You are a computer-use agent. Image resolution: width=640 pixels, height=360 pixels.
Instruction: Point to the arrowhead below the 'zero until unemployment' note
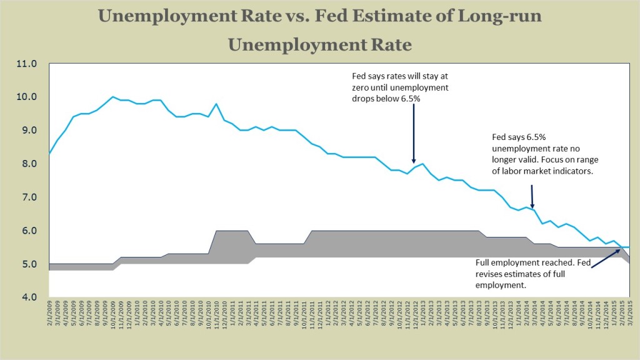[x=414, y=162]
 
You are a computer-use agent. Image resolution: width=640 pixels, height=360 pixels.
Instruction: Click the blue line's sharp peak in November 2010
[x=216, y=104]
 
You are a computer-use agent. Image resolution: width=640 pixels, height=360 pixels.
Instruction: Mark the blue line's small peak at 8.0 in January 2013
[x=423, y=164]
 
